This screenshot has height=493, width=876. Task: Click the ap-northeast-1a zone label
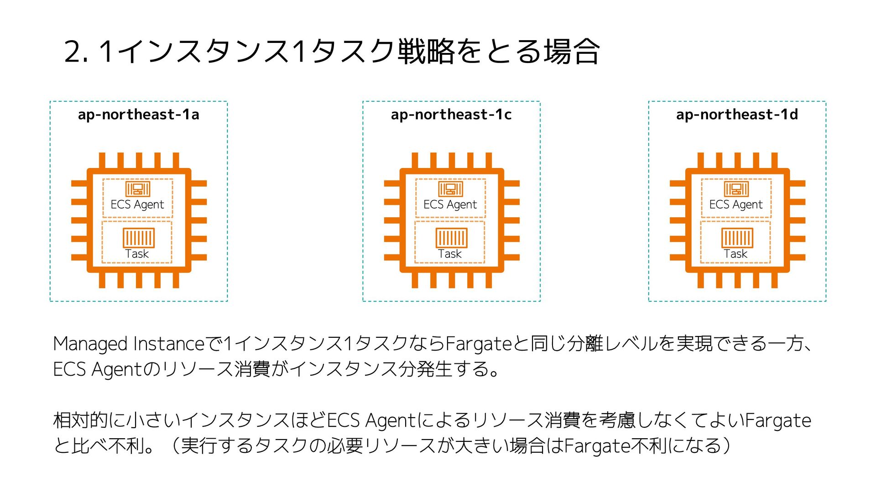click(x=138, y=114)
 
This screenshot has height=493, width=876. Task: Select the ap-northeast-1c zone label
click(x=451, y=114)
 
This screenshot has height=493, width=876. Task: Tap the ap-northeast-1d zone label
click(x=737, y=114)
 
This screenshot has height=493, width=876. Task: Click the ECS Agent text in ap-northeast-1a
click(x=137, y=205)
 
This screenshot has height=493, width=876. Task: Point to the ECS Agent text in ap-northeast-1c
click(x=450, y=205)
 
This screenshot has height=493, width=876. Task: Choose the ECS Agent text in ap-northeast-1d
click(x=736, y=205)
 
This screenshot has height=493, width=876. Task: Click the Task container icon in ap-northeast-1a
click(x=139, y=237)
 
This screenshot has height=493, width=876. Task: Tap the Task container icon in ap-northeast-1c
click(x=452, y=237)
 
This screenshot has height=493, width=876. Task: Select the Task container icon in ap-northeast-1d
click(x=737, y=237)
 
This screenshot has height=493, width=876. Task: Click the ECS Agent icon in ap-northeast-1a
click(x=138, y=189)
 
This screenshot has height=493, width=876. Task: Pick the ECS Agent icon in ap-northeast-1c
click(x=451, y=189)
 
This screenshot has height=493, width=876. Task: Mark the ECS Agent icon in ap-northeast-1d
click(x=736, y=189)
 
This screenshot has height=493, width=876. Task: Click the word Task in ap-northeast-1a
click(x=137, y=254)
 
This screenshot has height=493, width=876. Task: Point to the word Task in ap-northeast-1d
click(x=735, y=254)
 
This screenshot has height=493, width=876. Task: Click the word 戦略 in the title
click(x=426, y=51)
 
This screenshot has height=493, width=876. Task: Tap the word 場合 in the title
click(x=571, y=51)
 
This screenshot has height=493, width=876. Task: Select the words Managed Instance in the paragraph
click(x=130, y=344)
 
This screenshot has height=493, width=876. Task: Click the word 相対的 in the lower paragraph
click(x=80, y=420)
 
